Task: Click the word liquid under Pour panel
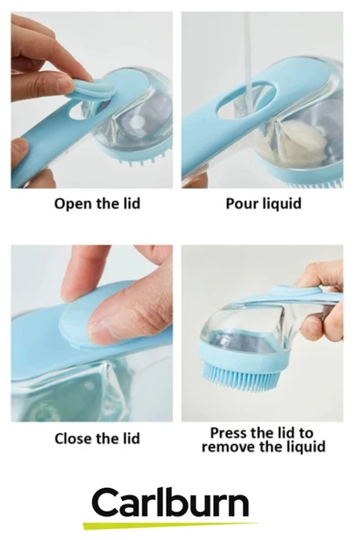[x=283, y=203]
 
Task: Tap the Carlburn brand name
[x=170, y=503]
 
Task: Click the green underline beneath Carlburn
[x=170, y=525]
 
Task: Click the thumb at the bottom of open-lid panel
[x=21, y=151]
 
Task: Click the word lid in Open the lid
[x=132, y=202]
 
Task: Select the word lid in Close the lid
[x=131, y=439]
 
